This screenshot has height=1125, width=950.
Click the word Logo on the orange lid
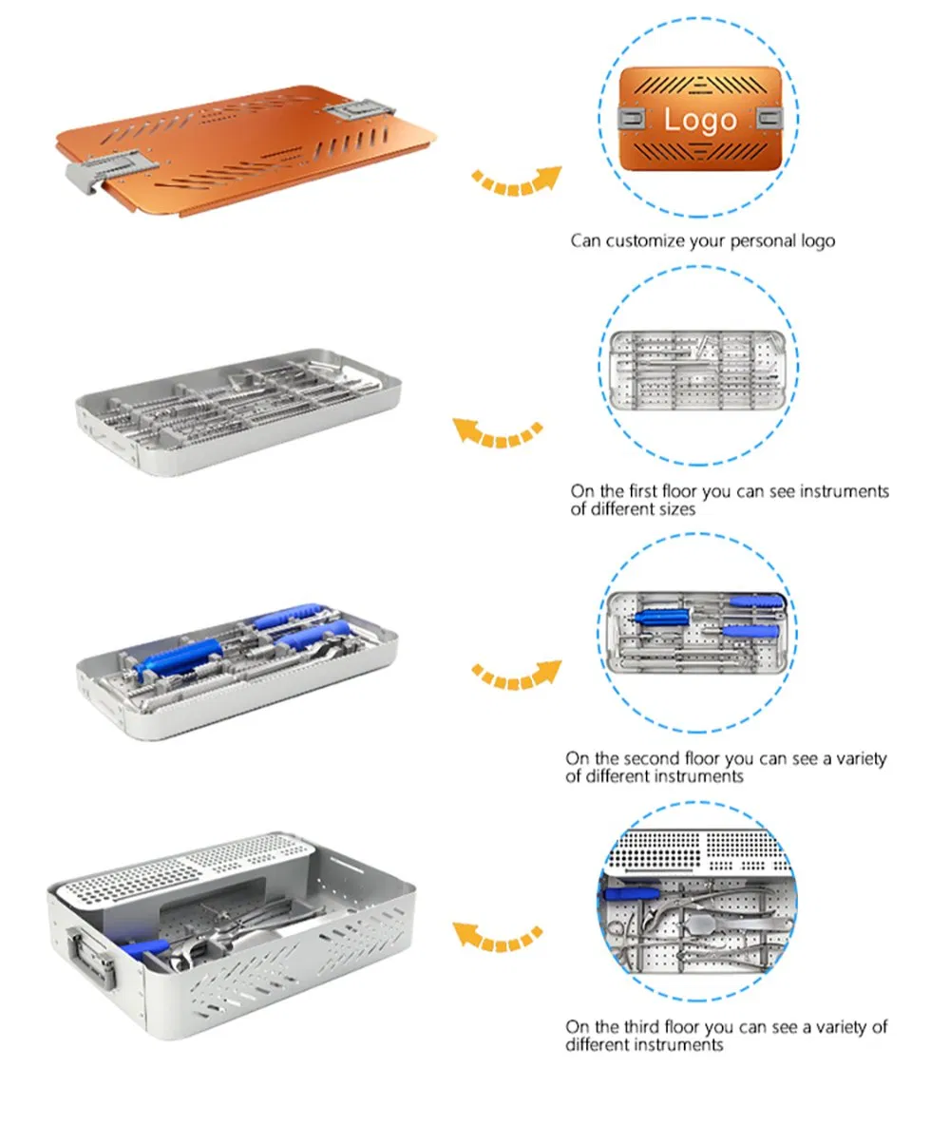pyautogui.click(x=699, y=119)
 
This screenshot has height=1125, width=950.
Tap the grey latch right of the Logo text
pyautogui.click(x=768, y=119)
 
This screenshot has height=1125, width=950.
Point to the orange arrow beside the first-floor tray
pyautogui.click(x=497, y=432)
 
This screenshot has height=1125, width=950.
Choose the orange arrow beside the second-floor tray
pyautogui.click(x=516, y=676)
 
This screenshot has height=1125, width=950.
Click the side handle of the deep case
pyautogui.click(x=92, y=959)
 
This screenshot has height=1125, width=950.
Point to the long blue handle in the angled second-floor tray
pyautogui.click(x=180, y=659)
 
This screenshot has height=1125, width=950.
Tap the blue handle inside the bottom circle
pyautogui.click(x=632, y=893)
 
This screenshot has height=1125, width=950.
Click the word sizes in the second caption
pyautogui.click(x=677, y=509)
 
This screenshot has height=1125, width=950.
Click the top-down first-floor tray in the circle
pyautogui.click(x=698, y=370)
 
